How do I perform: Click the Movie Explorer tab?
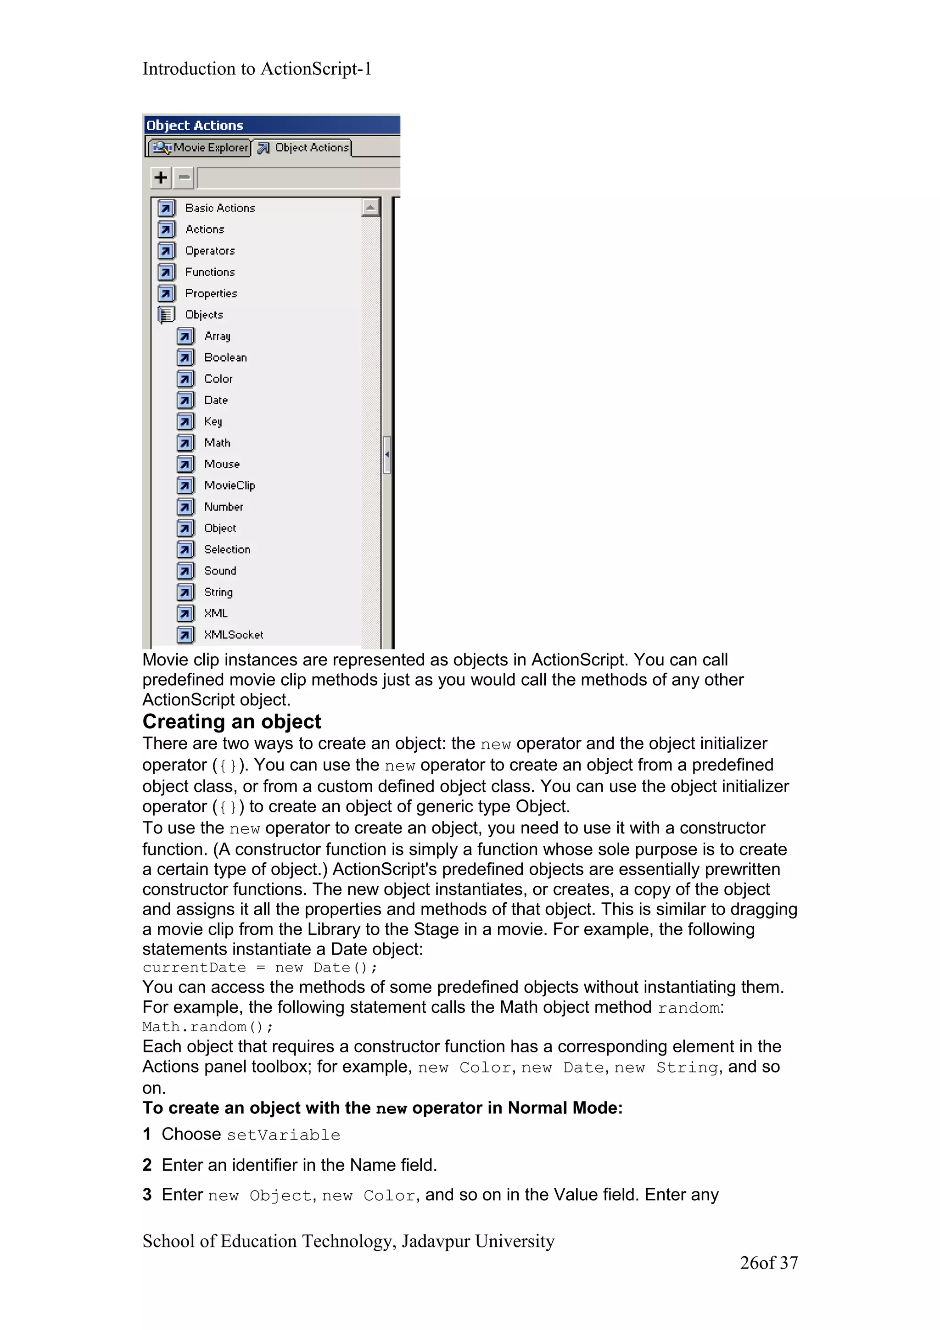pos(200,148)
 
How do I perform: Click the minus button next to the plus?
pos(184,177)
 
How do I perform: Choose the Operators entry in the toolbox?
pos(210,251)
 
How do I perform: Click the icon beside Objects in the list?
pos(166,314)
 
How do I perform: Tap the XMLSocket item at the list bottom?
pos(234,635)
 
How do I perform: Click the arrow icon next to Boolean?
pos(185,358)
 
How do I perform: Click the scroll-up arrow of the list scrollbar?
pos(370,207)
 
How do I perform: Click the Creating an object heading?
pos(232,722)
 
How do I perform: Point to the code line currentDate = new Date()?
pos(259,968)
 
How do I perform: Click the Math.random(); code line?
pos(207,1027)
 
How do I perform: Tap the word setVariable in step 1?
pos(283,1135)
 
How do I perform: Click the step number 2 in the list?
pos(147,1165)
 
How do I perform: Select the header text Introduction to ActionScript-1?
pos(257,69)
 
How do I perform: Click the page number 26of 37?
pos(768,1263)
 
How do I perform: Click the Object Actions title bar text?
pos(195,126)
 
